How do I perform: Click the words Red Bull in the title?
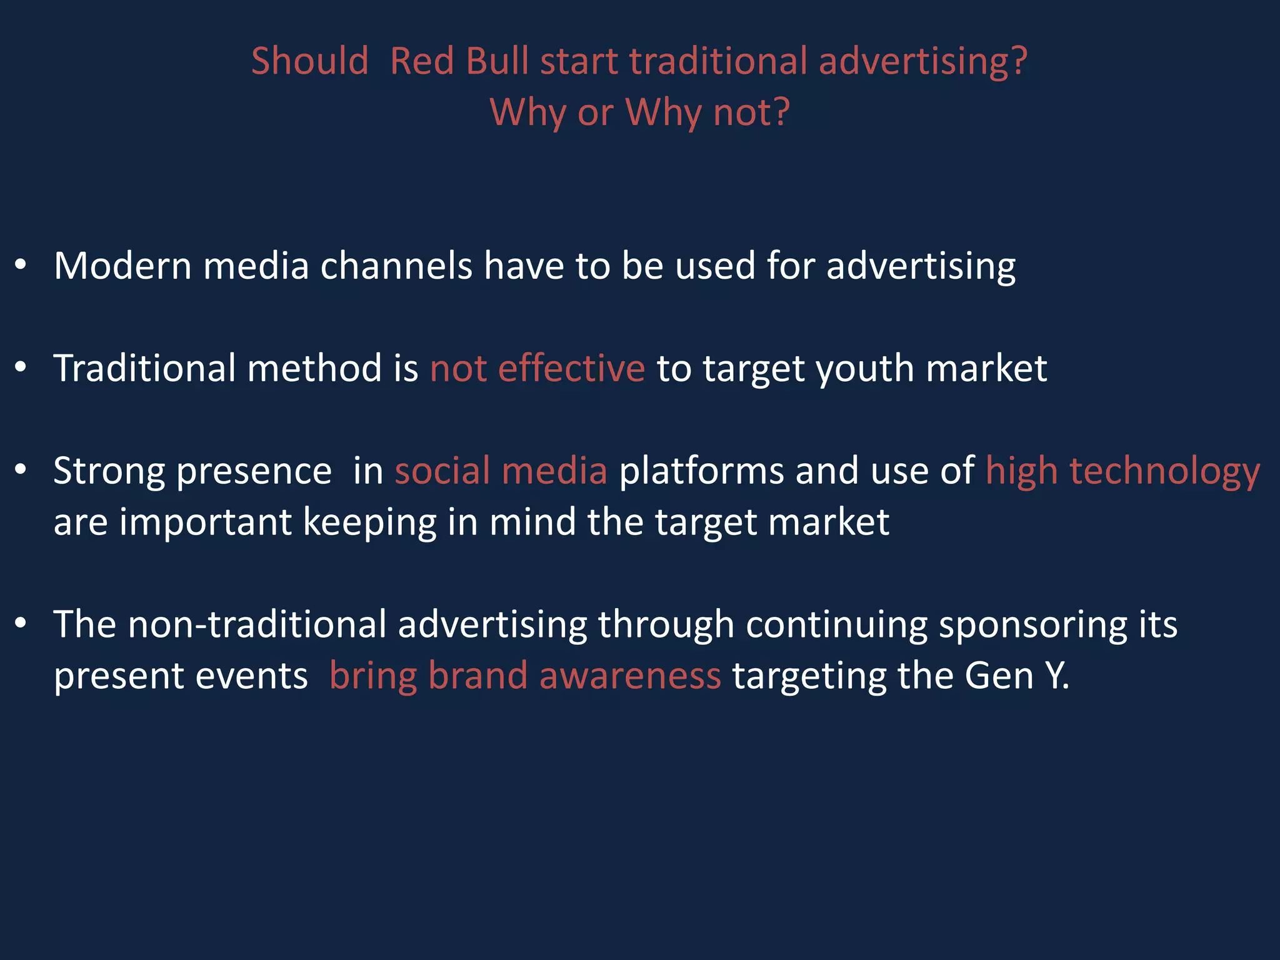click(x=459, y=61)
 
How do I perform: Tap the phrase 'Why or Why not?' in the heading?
click(x=639, y=112)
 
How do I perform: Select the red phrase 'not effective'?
click(x=537, y=368)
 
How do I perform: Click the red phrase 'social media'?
click(x=501, y=471)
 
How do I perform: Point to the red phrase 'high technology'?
click(x=1122, y=471)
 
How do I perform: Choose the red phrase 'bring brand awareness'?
click(x=525, y=676)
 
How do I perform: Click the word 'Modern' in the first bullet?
click(x=123, y=266)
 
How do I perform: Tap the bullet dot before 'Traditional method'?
click(x=21, y=368)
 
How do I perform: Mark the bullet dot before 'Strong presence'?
click(x=21, y=471)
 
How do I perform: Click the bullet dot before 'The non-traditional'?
click(x=21, y=624)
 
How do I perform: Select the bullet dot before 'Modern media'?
click(x=21, y=266)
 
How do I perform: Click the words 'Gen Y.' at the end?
click(x=1017, y=676)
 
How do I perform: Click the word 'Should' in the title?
click(x=310, y=61)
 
